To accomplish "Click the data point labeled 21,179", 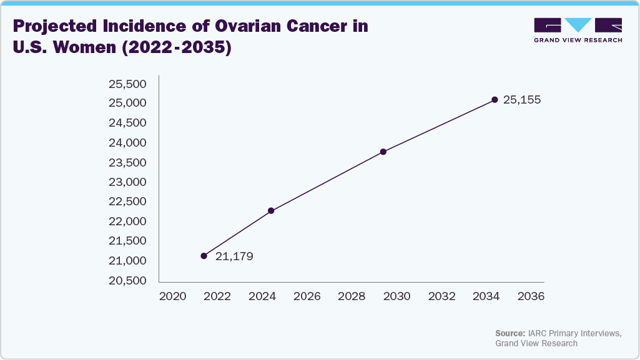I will point(204,256).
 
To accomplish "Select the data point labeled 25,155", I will point(495,100).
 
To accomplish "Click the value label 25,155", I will point(521,100).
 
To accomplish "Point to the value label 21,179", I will point(234,256).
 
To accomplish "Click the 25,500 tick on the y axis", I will point(127,84).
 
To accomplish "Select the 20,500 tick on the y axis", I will point(127,280).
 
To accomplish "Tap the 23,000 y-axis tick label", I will point(127,182).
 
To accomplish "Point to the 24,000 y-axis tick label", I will point(127,143).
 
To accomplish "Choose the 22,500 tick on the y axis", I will point(127,202).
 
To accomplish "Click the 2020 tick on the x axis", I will point(172,296).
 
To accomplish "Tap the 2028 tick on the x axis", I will point(352,296).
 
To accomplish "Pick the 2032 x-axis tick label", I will point(441,296).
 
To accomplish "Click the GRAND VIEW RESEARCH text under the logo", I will point(578,40).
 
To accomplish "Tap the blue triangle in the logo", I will point(578,25).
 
